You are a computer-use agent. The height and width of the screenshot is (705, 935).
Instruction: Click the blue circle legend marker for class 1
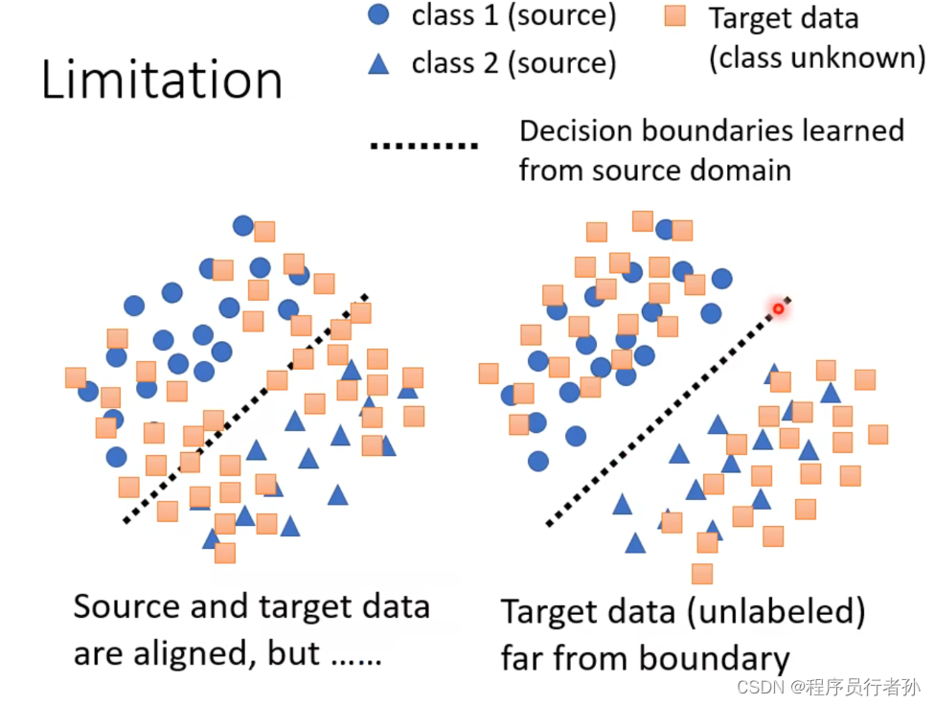tap(379, 15)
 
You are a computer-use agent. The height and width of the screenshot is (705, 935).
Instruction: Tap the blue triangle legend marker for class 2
tap(379, 64)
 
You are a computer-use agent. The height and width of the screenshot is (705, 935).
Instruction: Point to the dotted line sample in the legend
tap(423, 147)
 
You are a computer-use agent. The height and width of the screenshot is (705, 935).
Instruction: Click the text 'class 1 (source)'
tap(513, 15)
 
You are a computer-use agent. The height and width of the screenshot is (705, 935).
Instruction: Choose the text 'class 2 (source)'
tap(513, 63)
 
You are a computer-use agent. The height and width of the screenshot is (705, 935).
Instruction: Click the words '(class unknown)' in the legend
tap(816, 58)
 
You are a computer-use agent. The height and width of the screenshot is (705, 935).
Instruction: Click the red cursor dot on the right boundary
tap(778, 308)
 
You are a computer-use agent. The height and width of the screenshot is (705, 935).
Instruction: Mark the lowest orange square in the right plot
tap(702, 574)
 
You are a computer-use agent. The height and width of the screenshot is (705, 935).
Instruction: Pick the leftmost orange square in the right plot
tap(489, 374)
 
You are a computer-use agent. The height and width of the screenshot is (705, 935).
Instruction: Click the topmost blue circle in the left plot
tap(243, 225)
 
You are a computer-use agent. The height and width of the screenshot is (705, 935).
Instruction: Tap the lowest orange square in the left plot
tap(225, 553)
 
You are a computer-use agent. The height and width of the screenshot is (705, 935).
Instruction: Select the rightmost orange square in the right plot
tap(878, 434)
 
